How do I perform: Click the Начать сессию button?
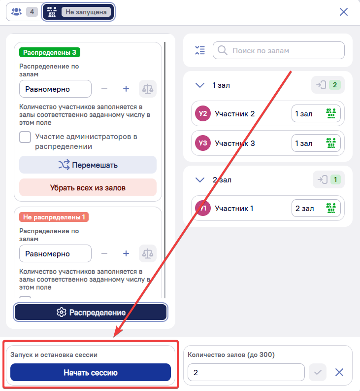(91, 372)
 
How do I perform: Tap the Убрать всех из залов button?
(88, 187)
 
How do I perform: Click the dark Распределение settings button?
(91, 312)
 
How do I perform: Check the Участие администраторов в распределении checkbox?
(25, 137)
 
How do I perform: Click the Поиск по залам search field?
(279, 50)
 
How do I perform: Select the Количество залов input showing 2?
(246, 372)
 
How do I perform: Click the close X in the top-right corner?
(344, 12)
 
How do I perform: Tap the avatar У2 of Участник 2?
(203, 113)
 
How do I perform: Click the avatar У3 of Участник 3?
(203, 143)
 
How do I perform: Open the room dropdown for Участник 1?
(316, 208)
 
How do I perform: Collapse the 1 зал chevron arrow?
(200, 85)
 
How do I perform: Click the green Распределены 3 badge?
(50, 52)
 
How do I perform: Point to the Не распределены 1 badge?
(54, 217)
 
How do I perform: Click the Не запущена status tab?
(78, 12)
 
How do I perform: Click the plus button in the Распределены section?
(126, 89)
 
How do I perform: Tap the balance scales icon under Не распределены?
(147, 253)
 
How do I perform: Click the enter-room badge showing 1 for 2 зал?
(328, 179)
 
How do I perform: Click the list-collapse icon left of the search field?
(200, 50)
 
